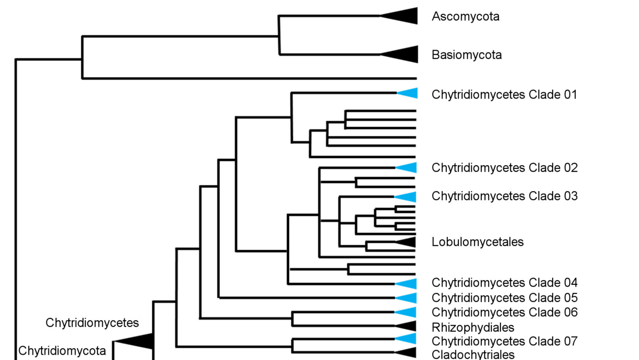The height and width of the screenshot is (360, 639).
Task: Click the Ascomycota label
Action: click(465, 17)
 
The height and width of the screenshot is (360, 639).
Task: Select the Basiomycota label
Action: click(466, 55)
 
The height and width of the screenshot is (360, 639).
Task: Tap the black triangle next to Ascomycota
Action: click(402, 16)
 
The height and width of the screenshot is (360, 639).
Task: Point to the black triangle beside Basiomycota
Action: click(402, 54)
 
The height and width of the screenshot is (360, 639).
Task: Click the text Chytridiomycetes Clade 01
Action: click(504, 95)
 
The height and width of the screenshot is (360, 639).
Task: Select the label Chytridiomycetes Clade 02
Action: click(504, 168)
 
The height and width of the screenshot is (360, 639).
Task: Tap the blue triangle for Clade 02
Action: click(408, 168)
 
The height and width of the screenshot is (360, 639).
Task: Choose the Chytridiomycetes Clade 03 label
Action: click(504, 196)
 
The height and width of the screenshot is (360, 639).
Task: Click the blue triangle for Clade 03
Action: click(408, 197)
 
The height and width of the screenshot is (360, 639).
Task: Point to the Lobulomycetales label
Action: click(478, 242)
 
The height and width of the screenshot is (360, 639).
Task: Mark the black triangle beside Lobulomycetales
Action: click(408, 242)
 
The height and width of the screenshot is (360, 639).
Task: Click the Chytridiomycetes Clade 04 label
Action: click(504, 282)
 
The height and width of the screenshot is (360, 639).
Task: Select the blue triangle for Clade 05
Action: click(408, 298)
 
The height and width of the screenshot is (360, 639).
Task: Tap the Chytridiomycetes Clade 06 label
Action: click(504, 312)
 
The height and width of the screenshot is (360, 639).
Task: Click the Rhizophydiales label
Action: click(473, 327)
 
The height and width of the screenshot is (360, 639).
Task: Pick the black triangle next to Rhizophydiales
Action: click(408, 326)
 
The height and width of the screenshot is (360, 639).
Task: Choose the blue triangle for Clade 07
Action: click(408, 339)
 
